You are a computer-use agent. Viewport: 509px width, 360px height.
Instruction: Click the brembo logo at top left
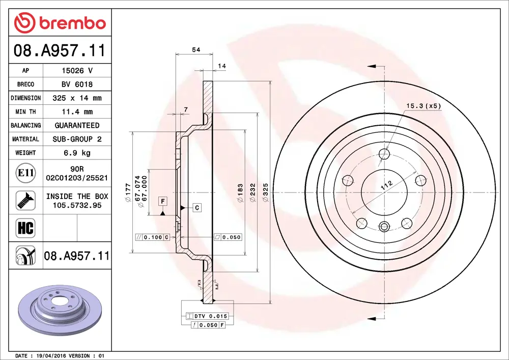(60, 23)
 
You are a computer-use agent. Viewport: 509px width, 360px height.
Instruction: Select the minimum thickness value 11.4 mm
(77, 112)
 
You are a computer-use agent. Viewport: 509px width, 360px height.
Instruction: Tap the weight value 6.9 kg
(77, 153)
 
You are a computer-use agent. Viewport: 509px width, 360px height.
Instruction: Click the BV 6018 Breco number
(77, 85)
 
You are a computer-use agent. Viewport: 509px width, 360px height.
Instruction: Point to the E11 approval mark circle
(25, 173)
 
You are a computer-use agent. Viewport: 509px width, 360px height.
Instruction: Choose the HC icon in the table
(25, 228)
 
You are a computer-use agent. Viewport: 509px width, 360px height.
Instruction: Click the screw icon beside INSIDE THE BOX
(25, 200)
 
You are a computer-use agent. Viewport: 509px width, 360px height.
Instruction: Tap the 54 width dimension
(195, 49)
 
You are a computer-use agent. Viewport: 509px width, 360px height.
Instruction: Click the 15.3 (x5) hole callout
(422, 106)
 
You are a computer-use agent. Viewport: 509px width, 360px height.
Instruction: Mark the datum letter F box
(162, 201)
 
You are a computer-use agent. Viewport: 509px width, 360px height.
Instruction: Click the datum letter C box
(197, 207)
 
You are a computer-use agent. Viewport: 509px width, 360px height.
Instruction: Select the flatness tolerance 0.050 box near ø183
(228, 237)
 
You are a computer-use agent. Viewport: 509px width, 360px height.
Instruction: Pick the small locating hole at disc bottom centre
(384, 227)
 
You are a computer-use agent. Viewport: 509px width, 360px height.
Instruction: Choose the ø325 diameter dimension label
(264, 192)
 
